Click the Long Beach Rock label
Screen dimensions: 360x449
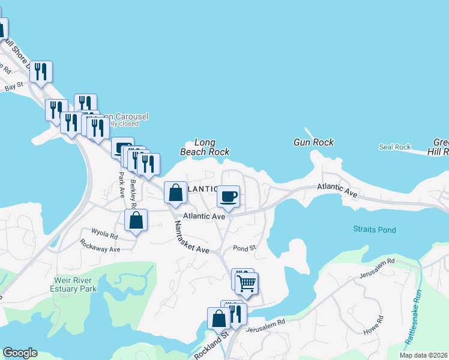[x=205, y=148]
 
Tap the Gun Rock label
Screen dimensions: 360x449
[x=313, y=142]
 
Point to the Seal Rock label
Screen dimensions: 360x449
[x=394, y=147]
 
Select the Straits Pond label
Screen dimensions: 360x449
[x=374, y=229]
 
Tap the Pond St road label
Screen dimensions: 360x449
[x=244, y=248]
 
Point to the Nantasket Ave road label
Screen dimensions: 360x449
[x=191, y=237]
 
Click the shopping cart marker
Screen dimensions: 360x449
[x=246, y=283]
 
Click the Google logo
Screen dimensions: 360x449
[x=20, y=353]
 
